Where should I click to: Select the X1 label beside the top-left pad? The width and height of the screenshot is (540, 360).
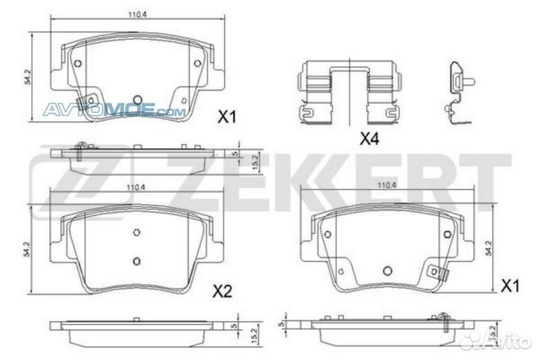[226, 117]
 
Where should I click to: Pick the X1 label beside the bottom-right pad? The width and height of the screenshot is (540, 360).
[510, 286]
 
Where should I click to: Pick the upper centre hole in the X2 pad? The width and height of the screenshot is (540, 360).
[136, 232]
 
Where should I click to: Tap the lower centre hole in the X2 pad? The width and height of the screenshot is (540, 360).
[136, 261]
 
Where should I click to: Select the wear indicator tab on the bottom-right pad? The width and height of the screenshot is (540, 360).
[433, 271]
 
